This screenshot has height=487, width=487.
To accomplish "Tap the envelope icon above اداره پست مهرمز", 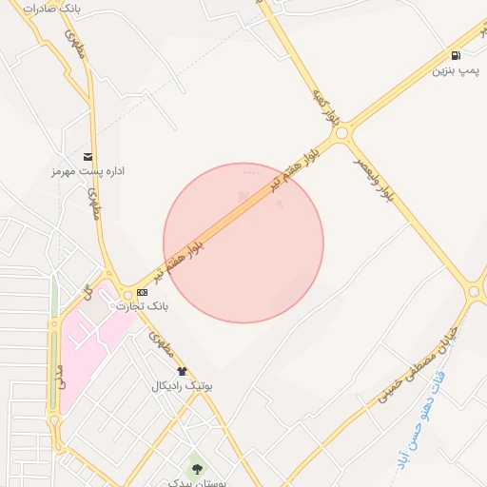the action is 88,157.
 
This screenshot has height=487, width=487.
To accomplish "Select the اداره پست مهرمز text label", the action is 88,172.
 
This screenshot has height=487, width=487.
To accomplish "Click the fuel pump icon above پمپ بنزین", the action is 458,55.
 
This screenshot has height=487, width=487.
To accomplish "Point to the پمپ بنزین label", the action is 455,70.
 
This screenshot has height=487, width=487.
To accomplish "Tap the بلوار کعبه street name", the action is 325,107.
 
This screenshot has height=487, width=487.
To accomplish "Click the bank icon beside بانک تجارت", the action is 142,292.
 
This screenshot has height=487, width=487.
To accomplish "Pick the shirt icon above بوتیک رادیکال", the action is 183,371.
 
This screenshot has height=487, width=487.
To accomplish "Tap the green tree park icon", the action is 197,467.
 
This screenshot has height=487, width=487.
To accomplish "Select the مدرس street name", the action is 59,377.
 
